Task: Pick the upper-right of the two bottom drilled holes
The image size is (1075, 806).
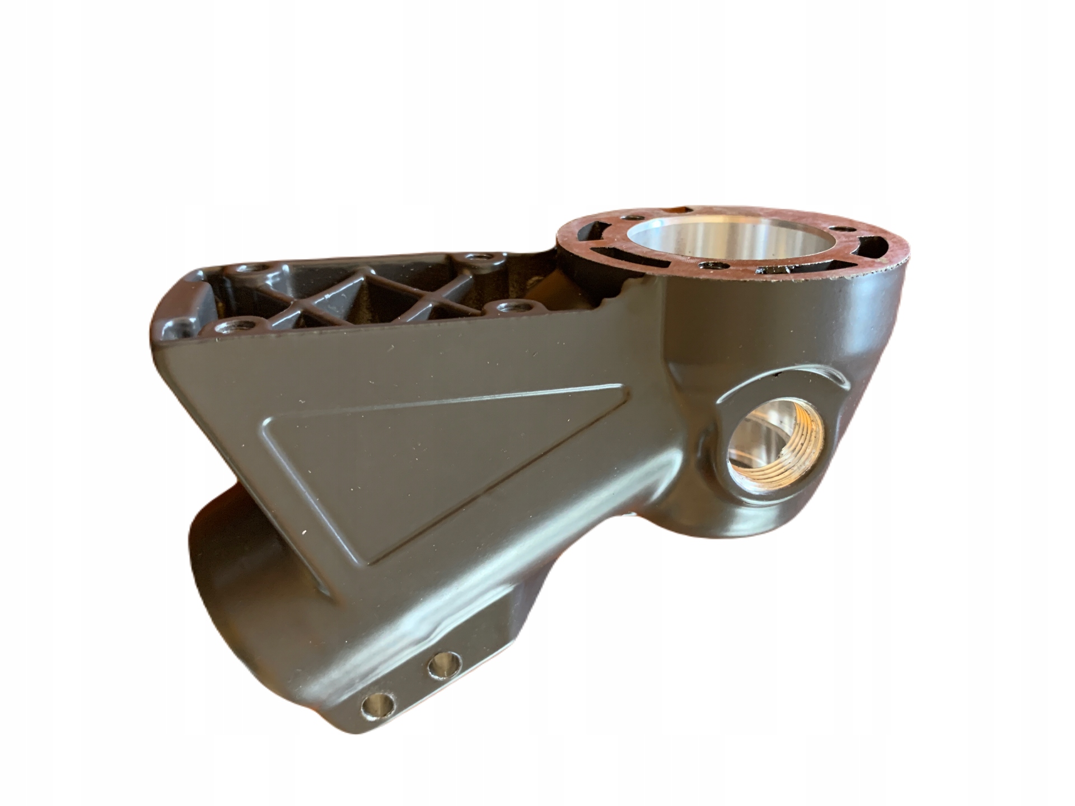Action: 443,664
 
